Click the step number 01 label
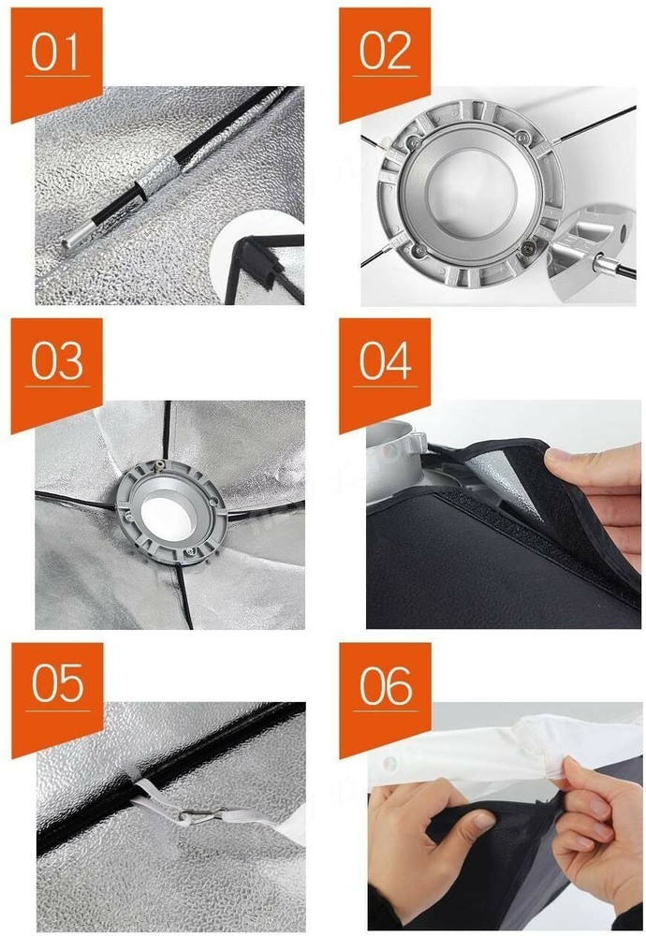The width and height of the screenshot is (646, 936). click(x=54, y=52)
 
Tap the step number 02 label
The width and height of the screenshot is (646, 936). click(x=385, y=51)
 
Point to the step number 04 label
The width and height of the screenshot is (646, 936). click(x=385, y=361)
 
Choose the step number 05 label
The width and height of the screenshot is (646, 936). click(x=57, y=685)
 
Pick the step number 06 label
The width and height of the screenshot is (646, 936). click(x=386, y=685)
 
